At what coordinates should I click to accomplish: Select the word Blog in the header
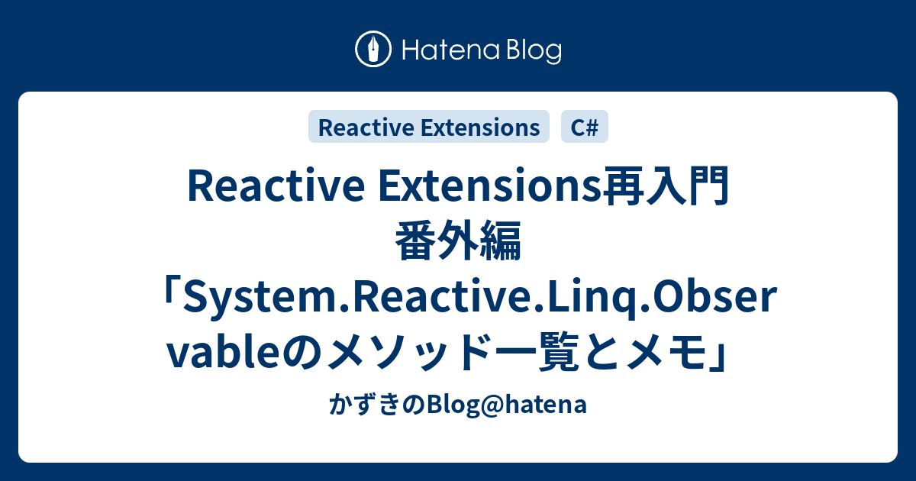531,50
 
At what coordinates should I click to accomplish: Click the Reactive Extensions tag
428,128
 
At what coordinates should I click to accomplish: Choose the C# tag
585,128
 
